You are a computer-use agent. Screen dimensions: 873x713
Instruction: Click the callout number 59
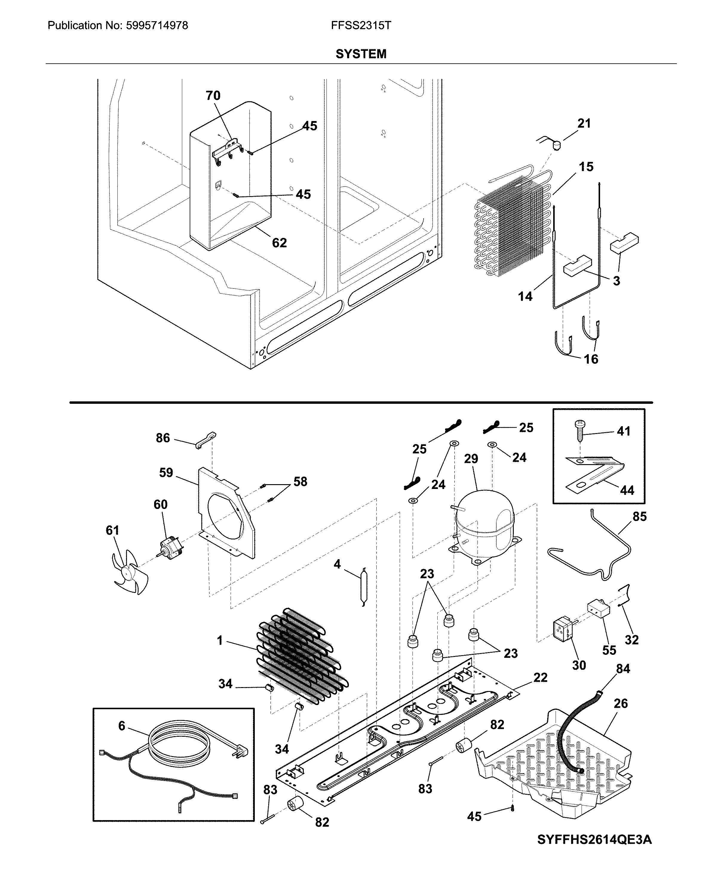coord(166,473)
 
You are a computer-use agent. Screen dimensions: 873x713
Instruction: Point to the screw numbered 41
coord(580,429)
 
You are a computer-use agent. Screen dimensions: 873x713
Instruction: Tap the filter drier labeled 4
coord(364,586)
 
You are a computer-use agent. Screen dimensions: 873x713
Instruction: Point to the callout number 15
coord(586,166)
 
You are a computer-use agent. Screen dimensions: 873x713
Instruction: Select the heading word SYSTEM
coord(361,54)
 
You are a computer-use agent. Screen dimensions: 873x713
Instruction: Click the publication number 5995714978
coord(157,25)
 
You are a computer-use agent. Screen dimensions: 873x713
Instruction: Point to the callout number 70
coord(213,95)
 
